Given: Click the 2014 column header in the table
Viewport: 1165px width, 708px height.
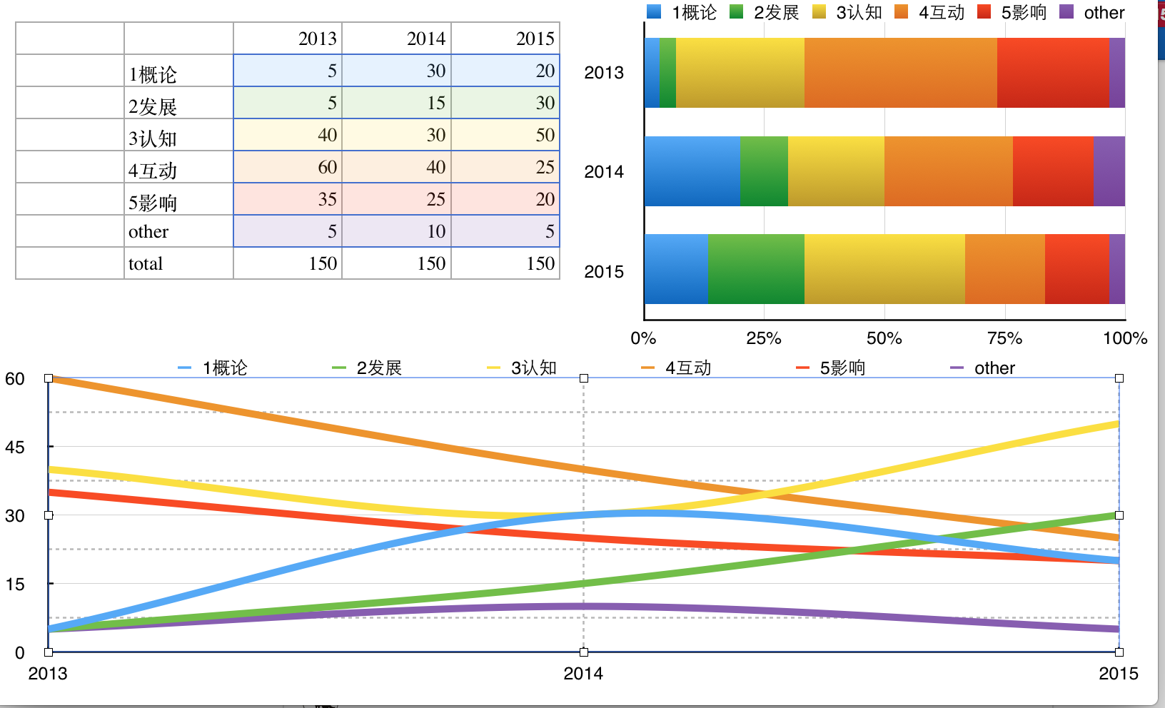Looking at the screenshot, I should coord(425,39).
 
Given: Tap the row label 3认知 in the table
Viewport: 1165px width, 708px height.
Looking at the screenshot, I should coord(152,138).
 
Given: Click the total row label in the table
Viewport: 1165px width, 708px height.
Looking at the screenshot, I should coord(146,263).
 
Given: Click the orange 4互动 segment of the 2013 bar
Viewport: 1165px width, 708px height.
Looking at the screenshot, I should coord(900,73).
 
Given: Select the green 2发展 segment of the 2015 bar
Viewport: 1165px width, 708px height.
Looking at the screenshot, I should coord(756,269).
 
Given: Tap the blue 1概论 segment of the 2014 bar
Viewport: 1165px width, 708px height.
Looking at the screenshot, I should coord(692,171).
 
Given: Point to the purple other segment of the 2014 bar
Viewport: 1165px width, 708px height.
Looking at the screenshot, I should coord(1109,171).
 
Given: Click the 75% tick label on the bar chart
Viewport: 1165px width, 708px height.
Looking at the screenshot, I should coord(1004,338).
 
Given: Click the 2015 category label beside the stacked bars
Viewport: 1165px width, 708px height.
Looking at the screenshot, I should coord(604,272).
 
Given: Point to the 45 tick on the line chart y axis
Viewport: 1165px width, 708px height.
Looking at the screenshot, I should coord(15,447).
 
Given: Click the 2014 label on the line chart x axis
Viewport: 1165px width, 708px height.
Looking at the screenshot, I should coord(582,673).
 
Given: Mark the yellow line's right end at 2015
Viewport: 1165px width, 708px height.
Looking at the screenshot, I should coord(1117,425).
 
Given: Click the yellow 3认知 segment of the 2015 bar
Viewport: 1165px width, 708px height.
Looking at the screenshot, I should coord(884,269).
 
